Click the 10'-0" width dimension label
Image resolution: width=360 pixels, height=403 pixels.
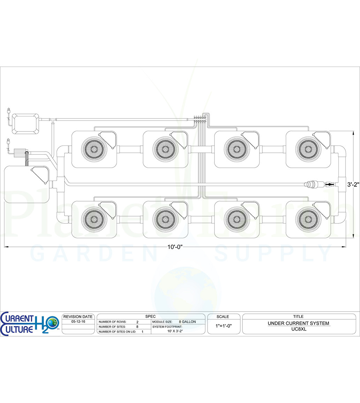pos(175,247)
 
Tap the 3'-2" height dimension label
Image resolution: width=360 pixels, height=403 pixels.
pos(353,184)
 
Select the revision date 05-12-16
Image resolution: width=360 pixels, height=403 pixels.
pos(78,321)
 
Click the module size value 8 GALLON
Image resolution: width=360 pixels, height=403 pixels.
pos(187,322)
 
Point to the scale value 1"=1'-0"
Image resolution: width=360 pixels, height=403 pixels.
pos(224,326)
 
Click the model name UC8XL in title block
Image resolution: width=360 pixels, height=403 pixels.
pos(299,329)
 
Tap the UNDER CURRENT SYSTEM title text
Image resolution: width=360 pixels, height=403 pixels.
pos(299,323)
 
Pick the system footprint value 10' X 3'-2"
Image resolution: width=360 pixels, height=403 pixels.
pos(175,331)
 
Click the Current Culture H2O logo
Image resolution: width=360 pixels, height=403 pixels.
pos(30,324)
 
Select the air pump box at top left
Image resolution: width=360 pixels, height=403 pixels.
pos(26,124)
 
